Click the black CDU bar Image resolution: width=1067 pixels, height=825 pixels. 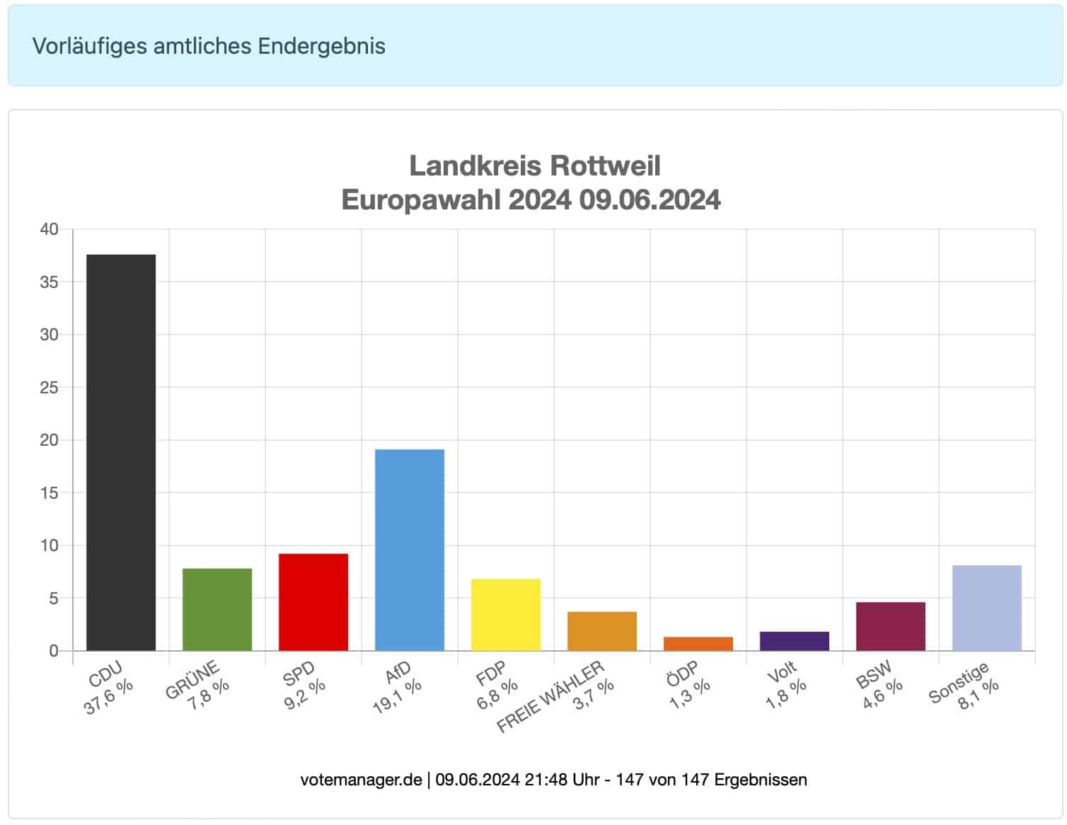point(121,452)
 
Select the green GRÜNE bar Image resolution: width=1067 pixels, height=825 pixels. point(217,609)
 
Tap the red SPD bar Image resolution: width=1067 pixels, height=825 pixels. point(313,601)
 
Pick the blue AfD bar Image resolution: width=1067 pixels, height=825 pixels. point(410,550)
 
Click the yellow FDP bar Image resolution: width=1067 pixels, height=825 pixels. point(506,614)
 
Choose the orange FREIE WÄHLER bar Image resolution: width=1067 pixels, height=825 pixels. point(602,630)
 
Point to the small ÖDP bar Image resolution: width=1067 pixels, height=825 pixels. point(698,643)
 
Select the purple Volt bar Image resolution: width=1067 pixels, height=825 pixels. point(795,641)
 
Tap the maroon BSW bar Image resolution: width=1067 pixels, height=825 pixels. point(891,626)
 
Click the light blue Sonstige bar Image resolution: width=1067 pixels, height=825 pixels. point(987,608)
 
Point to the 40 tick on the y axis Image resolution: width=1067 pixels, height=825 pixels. point(49,229)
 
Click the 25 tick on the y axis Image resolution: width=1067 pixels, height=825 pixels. point(49,388)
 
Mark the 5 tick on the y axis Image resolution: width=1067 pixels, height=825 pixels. point(53,599)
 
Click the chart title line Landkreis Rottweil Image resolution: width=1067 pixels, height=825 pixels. point(535,166)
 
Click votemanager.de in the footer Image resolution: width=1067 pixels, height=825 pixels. point(361,780)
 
